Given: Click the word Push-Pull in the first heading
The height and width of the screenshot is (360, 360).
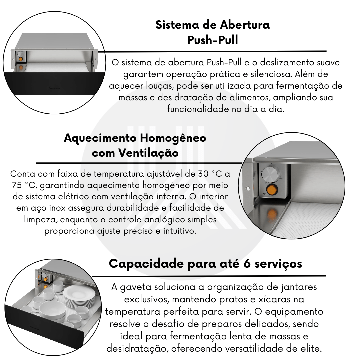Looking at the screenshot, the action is [x=213, y=40].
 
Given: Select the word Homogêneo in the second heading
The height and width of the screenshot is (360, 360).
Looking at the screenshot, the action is [x=173, y=138].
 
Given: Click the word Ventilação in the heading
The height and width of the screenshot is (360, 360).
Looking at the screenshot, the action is [x=148, y=153].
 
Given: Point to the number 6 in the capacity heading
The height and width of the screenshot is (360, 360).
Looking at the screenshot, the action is [x=247, y=264].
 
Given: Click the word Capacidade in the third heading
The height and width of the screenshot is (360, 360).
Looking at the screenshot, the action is [x=146, y=264].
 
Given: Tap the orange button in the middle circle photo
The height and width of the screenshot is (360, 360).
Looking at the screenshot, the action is [x=271, y=190].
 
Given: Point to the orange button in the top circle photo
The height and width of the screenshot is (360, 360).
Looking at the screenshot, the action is [x=21, y=59].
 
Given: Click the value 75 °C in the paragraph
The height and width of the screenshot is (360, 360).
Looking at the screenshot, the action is [x=24, y=185].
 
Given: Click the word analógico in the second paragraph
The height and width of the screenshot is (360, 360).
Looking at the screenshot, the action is [x=164, y=220].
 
